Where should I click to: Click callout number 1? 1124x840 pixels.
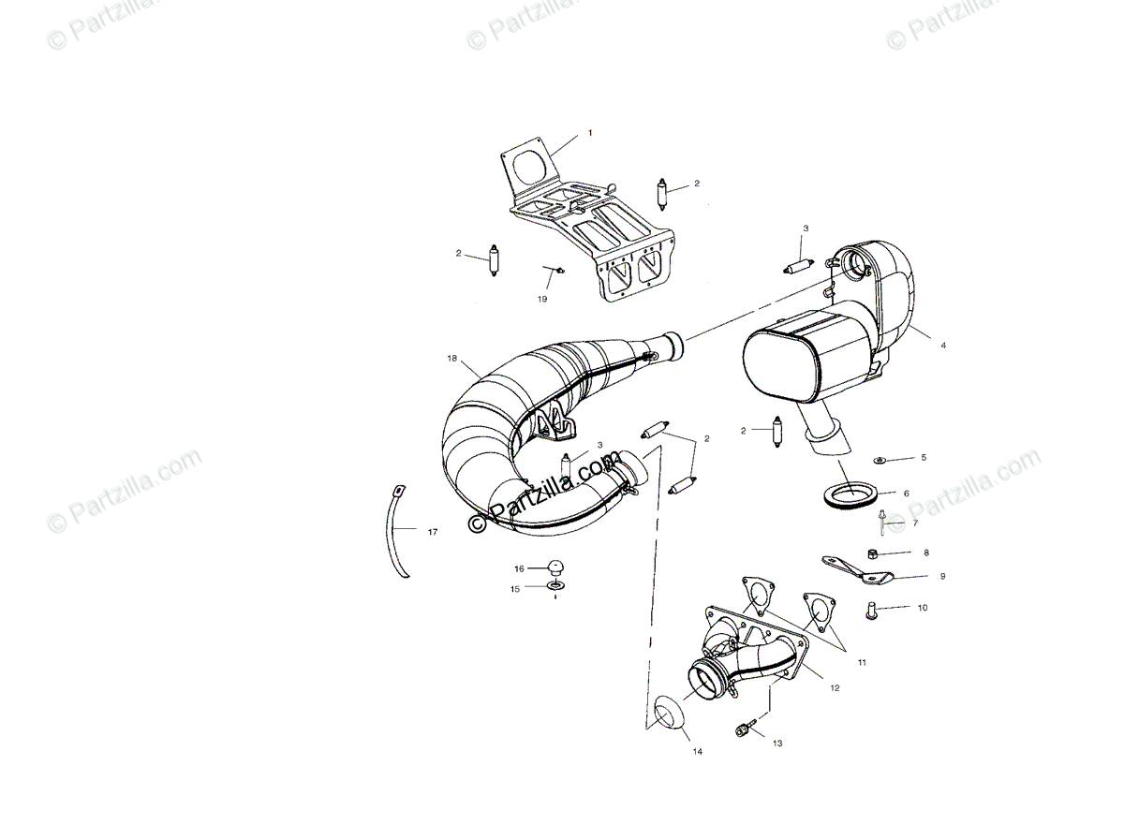pyautogui.click(x=590, y=133)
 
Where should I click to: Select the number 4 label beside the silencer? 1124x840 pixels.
pyautogui.click(x=943, y=346)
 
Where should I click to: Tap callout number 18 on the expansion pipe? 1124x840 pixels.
pyautogui.click(x=451, y=359)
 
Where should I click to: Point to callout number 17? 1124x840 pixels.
pyautogui.click(x=432, y=532)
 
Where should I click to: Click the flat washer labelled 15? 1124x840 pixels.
pyautogui.click(x=556, y=587)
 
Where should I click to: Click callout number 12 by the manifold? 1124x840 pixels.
pyautogui.click(x=835, y=687)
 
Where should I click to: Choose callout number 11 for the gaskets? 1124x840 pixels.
pyautogui.click(x=861, y=662)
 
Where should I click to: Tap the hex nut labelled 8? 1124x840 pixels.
pyautogui.click(x=871, y=553)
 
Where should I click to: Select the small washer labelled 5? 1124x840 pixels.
pyautogui.click(x=880, y=460)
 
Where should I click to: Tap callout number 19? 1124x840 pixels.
pyautogui.click(x=542, y=300)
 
